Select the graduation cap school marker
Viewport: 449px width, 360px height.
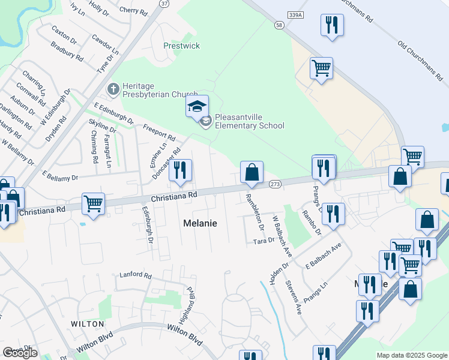pos(197,107)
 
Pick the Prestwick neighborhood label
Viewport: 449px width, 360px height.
pos(181,46)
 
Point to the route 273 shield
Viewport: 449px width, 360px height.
pos(276,184)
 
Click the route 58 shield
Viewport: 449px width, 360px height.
pos(280,25)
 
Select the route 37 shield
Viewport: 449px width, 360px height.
pos(164,3)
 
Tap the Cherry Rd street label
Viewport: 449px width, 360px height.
pos(133,10)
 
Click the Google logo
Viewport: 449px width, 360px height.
pos(20,353)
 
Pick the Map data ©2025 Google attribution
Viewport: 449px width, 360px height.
pos(412,355)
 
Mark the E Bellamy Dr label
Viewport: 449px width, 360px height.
pos(60,178)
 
